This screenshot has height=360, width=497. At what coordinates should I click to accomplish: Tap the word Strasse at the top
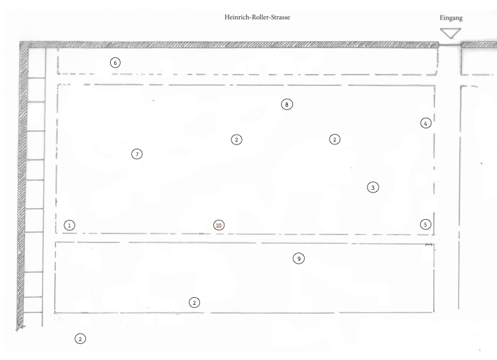pos(280,17)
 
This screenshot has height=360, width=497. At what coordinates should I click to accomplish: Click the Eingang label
pos(451,18)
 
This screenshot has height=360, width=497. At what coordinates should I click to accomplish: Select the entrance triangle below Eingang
pos(450,33)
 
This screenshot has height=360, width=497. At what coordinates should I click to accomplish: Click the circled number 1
pos(70,225)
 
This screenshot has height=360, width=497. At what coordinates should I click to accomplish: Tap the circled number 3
pos(373,188)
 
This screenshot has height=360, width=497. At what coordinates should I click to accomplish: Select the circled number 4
pos(426,123)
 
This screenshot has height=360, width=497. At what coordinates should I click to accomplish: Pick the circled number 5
pos(425,225)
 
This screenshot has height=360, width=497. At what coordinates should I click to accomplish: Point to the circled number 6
pos(116,63)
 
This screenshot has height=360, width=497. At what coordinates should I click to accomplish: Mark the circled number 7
pos(137,154)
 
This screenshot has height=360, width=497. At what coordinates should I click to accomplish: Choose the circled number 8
pos(287,105)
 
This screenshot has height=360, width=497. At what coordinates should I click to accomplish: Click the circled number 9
pos(298,259)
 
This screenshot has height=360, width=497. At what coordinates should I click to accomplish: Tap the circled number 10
pos(219,225)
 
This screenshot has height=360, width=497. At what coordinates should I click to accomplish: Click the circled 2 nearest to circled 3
pos(335,140)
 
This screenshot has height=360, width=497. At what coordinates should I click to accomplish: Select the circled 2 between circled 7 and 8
pos(236,140)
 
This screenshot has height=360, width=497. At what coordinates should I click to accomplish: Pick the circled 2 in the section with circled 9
pos(194,303)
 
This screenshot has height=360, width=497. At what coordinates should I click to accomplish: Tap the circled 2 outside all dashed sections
pos(80,339)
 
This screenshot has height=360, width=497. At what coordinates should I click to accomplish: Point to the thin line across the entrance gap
pos(450,45)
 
